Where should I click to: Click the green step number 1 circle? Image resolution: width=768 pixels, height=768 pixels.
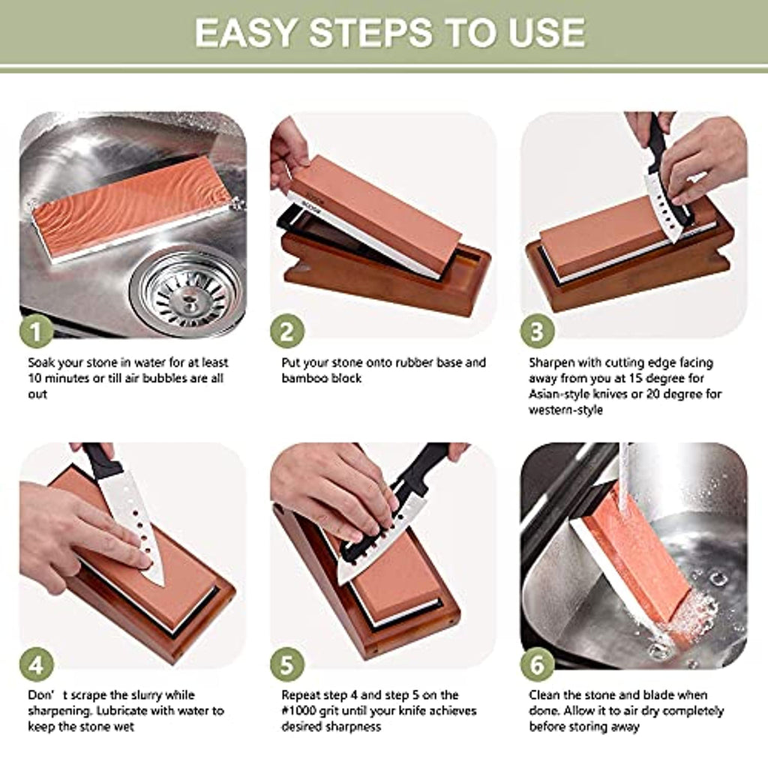pos(36,331)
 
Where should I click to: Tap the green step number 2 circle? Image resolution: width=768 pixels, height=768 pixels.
pos(287,331)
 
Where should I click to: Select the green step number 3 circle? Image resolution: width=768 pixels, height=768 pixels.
pos(537,331)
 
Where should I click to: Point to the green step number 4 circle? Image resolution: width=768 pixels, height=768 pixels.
pos(36,664)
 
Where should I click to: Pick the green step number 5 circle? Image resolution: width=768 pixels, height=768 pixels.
pos(287,664)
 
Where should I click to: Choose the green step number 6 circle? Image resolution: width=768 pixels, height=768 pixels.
pos(537,664)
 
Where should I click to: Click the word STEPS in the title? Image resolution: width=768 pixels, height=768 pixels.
pos(370,33)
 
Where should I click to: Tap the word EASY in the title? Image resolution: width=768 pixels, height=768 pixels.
pos(246,33)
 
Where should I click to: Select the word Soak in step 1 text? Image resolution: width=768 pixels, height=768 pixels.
pos(41,363)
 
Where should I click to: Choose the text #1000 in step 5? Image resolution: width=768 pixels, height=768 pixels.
pos(298,711)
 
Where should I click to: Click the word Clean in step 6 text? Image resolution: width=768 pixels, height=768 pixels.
pos(544,695)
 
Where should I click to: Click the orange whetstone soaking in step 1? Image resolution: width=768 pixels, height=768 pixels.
pos(131,208)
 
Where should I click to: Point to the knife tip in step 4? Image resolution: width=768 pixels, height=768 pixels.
pos(162,585)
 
